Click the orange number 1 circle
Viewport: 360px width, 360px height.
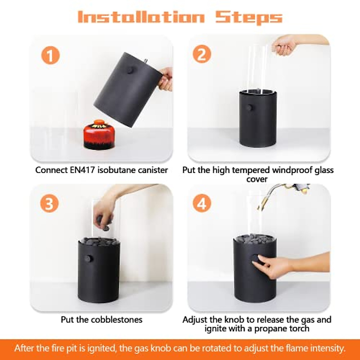click(50, 55)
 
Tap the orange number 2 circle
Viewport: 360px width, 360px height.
click(202, 54)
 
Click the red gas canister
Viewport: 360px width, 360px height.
click(99, 134)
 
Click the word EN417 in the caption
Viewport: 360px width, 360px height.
click(82, 170)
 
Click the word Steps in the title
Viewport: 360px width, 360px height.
click(249, 18)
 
